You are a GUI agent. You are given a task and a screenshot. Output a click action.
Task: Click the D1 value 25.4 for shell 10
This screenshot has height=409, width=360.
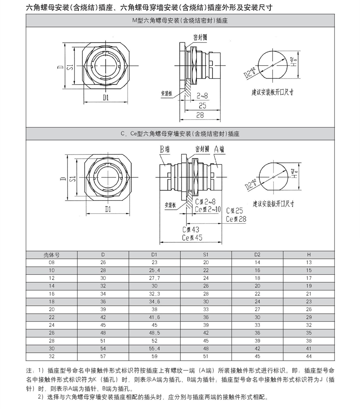(154, 270)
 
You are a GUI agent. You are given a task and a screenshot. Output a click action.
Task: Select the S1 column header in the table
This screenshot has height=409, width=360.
(206, 255)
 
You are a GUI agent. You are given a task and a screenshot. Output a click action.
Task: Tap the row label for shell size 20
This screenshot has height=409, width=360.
(51, 309)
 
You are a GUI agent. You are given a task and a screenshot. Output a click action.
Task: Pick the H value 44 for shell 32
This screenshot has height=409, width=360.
(309, 356)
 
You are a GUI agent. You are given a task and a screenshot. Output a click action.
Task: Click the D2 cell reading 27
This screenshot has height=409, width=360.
(257, 309)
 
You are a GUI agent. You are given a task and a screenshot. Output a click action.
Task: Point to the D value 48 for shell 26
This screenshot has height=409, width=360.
(103, 333)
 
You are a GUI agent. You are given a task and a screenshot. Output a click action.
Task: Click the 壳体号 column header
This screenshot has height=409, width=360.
(51, 255)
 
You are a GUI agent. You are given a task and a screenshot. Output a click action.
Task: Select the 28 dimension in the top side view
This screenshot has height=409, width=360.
(200, 115)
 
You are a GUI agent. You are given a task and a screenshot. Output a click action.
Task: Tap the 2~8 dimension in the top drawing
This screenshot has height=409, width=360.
(202, 96)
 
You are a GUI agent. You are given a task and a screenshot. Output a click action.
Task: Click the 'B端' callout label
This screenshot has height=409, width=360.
(165, 149)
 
